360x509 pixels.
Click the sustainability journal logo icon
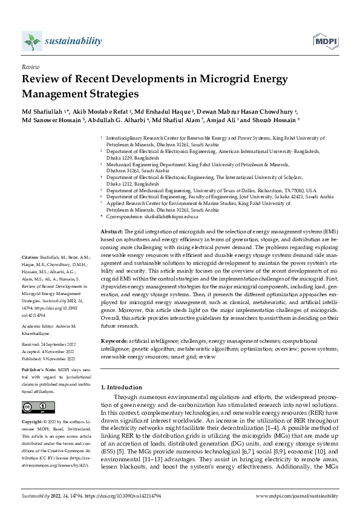pos(31,41)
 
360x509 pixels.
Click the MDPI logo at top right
pos(324,41)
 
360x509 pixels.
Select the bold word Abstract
pos(111,232)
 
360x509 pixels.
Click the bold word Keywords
pos(114,342)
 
